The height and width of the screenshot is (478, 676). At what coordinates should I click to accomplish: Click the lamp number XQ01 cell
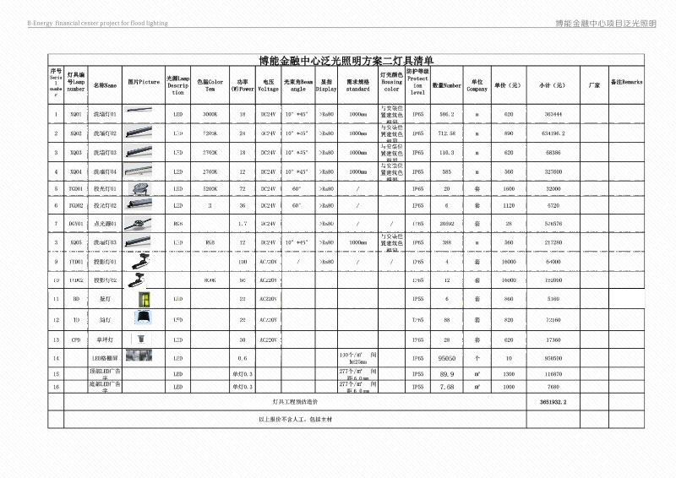(x=76, y=113)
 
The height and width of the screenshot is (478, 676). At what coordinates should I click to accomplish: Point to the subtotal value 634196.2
(x=553, y=133)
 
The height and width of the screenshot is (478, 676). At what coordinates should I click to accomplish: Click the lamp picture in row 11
(x=143, y=299)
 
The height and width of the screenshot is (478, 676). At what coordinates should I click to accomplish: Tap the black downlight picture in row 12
(x=143, y=320)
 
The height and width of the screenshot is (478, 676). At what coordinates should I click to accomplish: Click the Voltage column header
(x=268, y=85)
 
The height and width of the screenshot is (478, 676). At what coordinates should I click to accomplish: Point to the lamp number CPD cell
(x=76, y=339)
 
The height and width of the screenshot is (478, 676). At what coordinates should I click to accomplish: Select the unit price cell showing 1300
(x=509, y=373)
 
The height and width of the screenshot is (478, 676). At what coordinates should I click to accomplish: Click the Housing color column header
(x=392, y=84)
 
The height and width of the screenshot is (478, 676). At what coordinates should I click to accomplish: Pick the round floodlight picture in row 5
(x=143, y=187)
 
